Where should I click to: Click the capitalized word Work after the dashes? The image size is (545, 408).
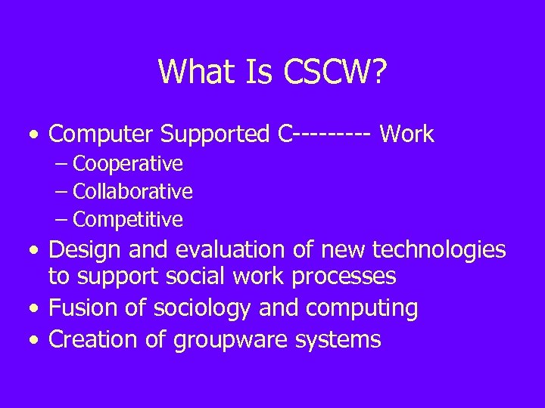406,134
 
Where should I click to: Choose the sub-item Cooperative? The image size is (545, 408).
128,163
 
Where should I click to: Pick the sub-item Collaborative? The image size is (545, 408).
132,191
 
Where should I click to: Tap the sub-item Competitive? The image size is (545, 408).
128,220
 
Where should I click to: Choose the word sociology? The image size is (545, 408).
201,308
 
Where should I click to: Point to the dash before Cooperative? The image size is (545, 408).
62,164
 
